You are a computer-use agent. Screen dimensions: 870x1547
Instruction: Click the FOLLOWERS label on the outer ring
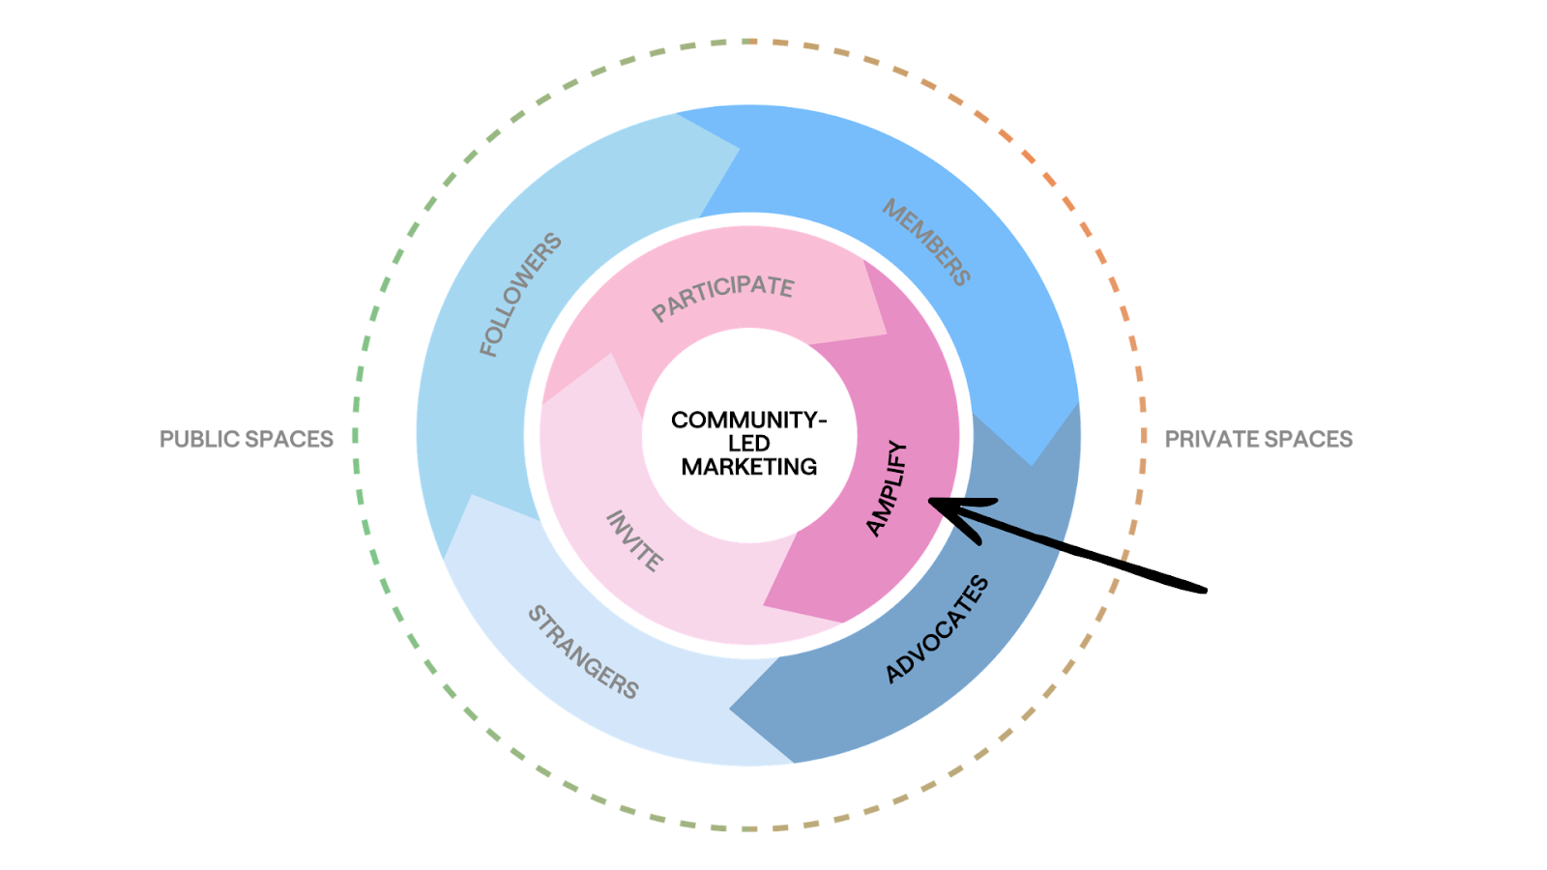coord(520,294)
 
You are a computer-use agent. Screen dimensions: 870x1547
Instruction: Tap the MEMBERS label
coord(926,242)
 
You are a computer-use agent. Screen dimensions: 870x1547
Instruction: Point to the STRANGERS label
coord(583,652)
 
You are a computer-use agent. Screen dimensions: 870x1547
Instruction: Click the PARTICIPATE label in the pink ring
coord(722,297)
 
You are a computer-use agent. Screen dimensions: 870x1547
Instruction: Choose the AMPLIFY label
coord(886,488)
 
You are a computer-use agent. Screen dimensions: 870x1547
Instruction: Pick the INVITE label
coord(634,540)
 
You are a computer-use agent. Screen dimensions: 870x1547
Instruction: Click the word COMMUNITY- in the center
coord(748,420)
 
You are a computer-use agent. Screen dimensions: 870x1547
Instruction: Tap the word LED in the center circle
coord(748,443)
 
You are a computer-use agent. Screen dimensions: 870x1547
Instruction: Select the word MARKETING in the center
coord(748,467)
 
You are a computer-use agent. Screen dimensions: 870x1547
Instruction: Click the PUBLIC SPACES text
coord(246,439)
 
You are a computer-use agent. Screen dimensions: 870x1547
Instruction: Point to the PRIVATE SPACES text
coord(1258,439)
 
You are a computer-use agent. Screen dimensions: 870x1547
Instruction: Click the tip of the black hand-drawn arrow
coord(930,501)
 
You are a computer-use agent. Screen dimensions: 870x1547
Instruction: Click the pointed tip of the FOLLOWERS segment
coord(739,149)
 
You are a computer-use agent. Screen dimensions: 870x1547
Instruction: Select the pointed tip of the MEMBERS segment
coord(1032,465)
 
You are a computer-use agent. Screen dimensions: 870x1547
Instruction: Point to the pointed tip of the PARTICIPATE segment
coord(886,334)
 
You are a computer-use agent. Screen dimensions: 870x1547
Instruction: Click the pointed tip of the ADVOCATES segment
coord(730,711)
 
